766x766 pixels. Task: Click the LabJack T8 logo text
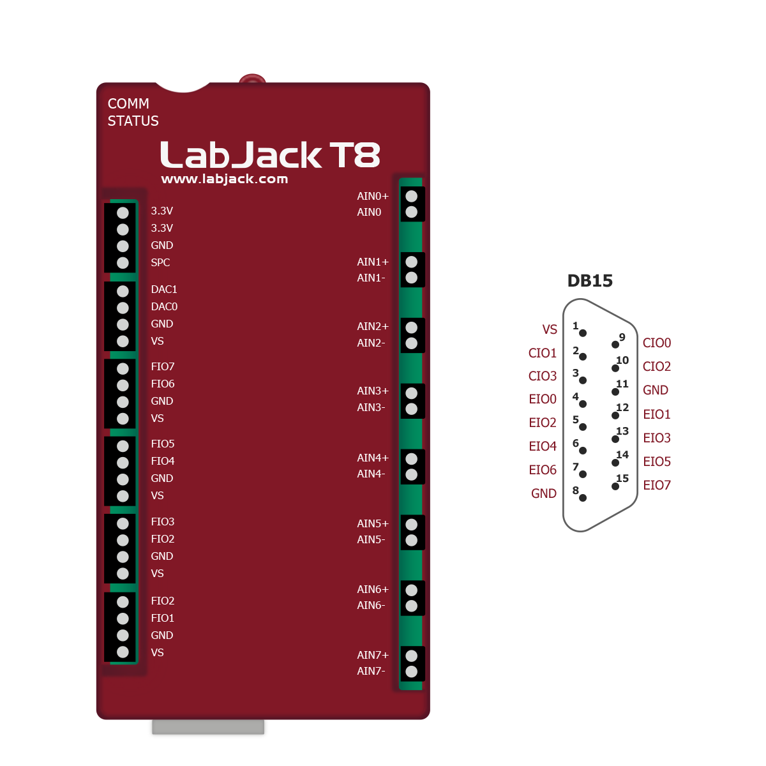pyautogui.click(x=270, y=155)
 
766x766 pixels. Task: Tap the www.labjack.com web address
pyautogui.click(x=225, y=179)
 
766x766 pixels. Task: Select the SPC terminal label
pyautogui.click(x=160, y=262)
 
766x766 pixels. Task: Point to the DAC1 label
pyautogui.click(x=164, y=289)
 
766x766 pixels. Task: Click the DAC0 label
pyautogui.click(x=164, y=306)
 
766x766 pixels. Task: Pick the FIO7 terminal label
pyautogui.click(x=163, y=366)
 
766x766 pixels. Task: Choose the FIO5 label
pyautogui.click(x=163, y=444)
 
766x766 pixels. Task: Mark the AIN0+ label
pyautogui.click(x=373, y=196)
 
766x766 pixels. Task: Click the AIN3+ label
pyautogui.click(x=373, y=391)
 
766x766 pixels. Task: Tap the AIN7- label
pyautogui.click(x=371, y=671)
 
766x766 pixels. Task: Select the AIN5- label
pyautogui.click(x=371, y=539)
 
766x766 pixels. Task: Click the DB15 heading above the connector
pyautogui.click(x=590, y=281)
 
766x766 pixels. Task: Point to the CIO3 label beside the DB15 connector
pyautogui.click(x=543, y=376)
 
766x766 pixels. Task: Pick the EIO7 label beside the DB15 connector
pyautogui.click(x=657, y=485)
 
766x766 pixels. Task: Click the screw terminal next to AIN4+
pyautogui.click(x=412, y=458)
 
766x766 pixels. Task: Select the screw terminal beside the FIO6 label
pyautogui.click(x=123, y=385)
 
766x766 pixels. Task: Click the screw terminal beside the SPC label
pyautogui.click(x=123, y=262)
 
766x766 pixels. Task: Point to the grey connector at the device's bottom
pyautogui.click(x=208, y=728)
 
